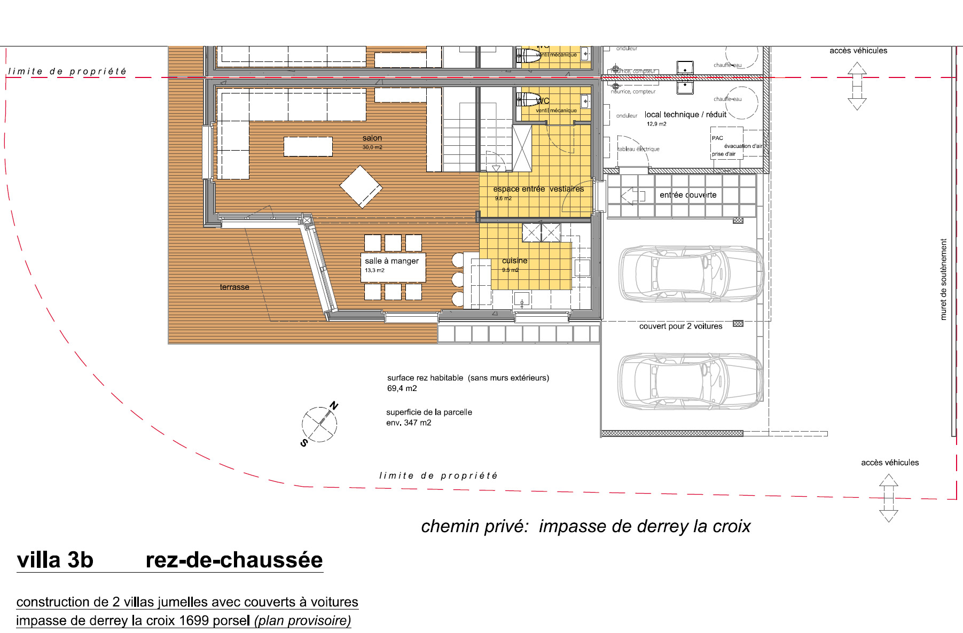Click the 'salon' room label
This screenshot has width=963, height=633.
click(x=372, y=138)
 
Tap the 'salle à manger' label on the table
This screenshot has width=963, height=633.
click(x=392, y=261)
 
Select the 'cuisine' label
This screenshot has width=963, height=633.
click(x=514, y=261)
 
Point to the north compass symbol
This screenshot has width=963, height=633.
click(x=319, y=424)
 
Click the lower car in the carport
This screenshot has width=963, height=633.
click(x=691, y=381)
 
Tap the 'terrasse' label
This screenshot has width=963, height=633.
click(x=234, y=287)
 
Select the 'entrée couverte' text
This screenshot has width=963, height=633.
click(x=688, y=195)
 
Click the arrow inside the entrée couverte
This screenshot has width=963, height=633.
click(x=632, y=196)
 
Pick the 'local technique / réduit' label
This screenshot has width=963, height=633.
click(x=685, y=115)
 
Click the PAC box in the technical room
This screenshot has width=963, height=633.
click(x=726, y=142)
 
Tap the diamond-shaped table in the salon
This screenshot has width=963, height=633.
click(x=361, y=187)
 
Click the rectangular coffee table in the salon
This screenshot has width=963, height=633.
click(x=308, y=146)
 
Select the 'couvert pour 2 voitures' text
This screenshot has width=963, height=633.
click(x=680, y=326)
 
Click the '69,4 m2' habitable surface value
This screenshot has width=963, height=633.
click(x=402, y=388)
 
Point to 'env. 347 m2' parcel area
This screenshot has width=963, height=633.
click(x=409, y=423)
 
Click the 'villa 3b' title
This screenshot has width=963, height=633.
click(x=55, y=560)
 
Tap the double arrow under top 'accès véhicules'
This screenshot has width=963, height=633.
click(x=857, y=86)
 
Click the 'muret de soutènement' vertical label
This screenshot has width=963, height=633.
click(x=943, y=279)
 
